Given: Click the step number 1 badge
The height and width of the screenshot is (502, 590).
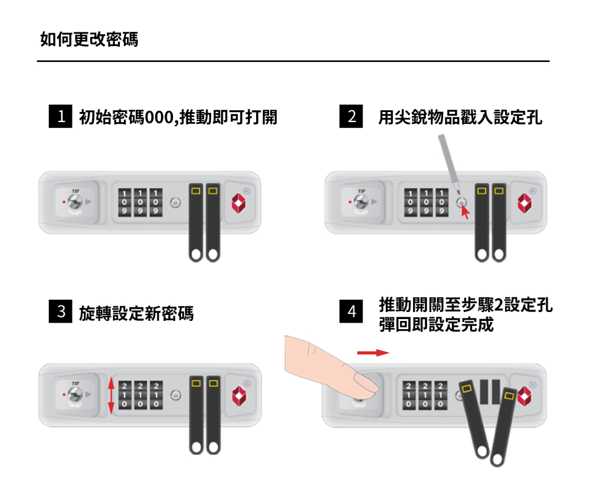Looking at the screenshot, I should [60, 117].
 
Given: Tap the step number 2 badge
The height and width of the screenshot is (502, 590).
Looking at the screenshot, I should [352, 117].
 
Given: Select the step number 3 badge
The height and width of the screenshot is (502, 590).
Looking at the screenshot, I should [60, 311].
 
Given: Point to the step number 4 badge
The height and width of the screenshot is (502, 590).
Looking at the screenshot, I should [352, 311].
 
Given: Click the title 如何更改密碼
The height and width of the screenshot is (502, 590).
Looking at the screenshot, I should [89, 40].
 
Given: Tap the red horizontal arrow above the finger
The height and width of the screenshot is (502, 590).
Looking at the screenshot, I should [373, 353].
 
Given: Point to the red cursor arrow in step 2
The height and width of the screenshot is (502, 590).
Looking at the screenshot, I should [466, 211].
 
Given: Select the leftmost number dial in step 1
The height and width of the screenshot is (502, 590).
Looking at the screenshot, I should [125, 202].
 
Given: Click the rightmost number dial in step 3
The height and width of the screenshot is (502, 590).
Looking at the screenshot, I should [156, 395].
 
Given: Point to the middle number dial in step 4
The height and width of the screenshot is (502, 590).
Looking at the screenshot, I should [424, 395].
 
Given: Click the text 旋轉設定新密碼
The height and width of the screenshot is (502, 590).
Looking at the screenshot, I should [136, 313].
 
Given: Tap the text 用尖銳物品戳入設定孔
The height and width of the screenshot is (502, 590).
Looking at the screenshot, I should [460, 117].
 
